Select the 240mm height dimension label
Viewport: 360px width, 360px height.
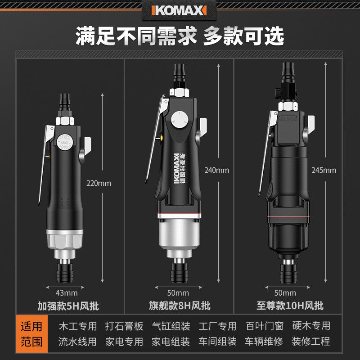point(217,170)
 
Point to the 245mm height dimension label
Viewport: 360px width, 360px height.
point(324,170)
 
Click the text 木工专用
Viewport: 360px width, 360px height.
point(78,326)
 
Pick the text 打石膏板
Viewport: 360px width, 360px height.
point(124,326)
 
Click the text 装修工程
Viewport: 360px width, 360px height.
point(311,342)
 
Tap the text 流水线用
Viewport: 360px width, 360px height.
point(78,342)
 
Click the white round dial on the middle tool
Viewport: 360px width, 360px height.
point(179,119)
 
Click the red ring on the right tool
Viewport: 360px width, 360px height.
point(290,218)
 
